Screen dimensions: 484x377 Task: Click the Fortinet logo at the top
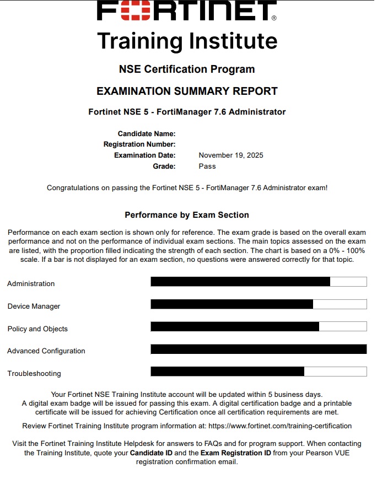point(187,11)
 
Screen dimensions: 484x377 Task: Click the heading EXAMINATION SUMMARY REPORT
point(187,91)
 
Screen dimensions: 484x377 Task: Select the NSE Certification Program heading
point(187,69)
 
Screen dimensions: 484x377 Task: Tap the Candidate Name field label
point(147,133)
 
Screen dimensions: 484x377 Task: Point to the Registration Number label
point(139,144)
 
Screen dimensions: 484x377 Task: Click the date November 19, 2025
point(231,155)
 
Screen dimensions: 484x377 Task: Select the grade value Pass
point(207,166)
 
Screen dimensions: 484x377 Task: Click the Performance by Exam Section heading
point(187,215)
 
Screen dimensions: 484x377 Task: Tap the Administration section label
point(31,284)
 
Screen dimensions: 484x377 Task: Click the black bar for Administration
point(240,282)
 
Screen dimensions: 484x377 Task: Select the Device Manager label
point(34,306)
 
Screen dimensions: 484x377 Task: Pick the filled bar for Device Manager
point(231,304)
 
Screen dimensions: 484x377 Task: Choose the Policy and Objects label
point(37,329)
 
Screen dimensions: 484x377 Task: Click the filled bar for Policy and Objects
point(235,326)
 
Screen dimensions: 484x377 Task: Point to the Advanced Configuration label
point(46,351)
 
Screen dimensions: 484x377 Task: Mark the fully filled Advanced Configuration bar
point(258,349)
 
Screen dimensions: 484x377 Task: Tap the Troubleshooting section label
point(34,374)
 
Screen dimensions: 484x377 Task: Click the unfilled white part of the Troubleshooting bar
point(335,372)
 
